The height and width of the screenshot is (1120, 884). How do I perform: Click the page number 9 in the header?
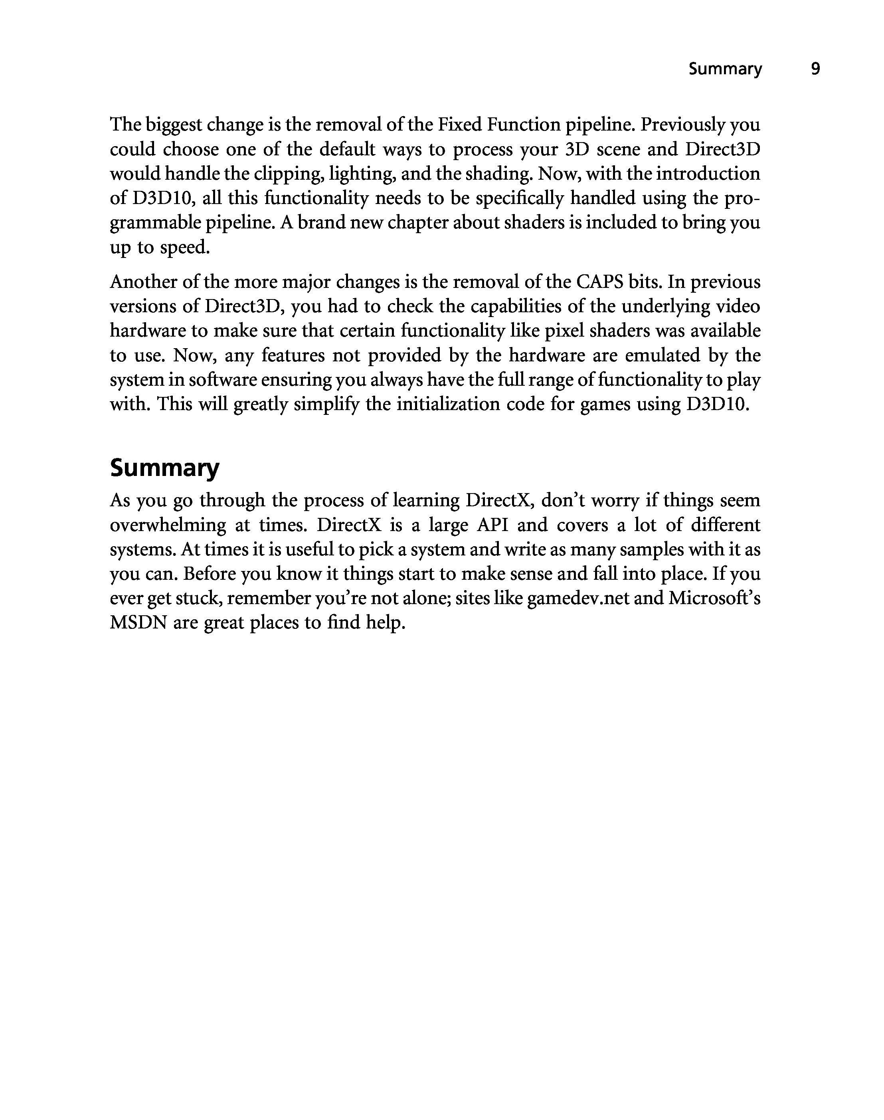point(815,69)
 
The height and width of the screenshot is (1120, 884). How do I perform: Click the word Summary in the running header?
point(725,69)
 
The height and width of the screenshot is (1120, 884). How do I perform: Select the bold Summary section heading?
point(164,468)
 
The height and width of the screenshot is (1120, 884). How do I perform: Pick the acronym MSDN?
point(138,622)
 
